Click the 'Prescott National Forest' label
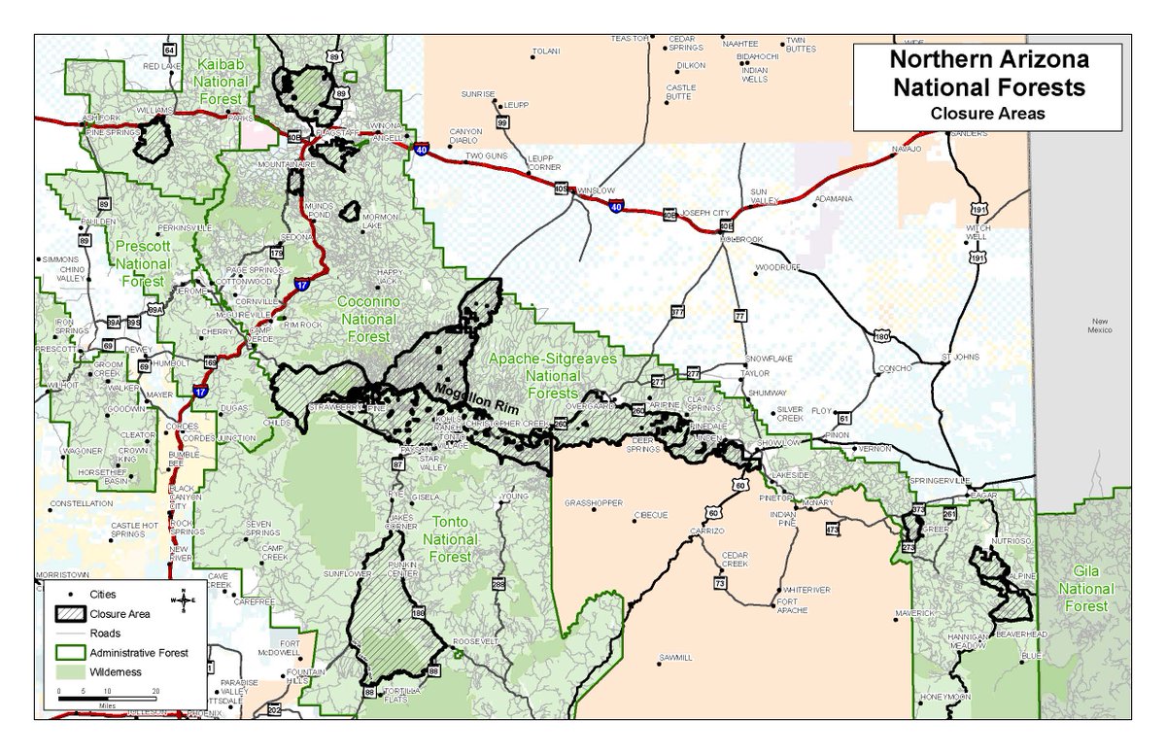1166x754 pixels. pos(143,262)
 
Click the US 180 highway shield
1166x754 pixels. pos(881,336)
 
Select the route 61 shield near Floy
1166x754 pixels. pos(844,419)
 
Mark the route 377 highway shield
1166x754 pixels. pos(677,312)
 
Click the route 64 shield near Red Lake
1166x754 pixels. pos(170,50)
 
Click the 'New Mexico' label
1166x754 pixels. pos(1099,326)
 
